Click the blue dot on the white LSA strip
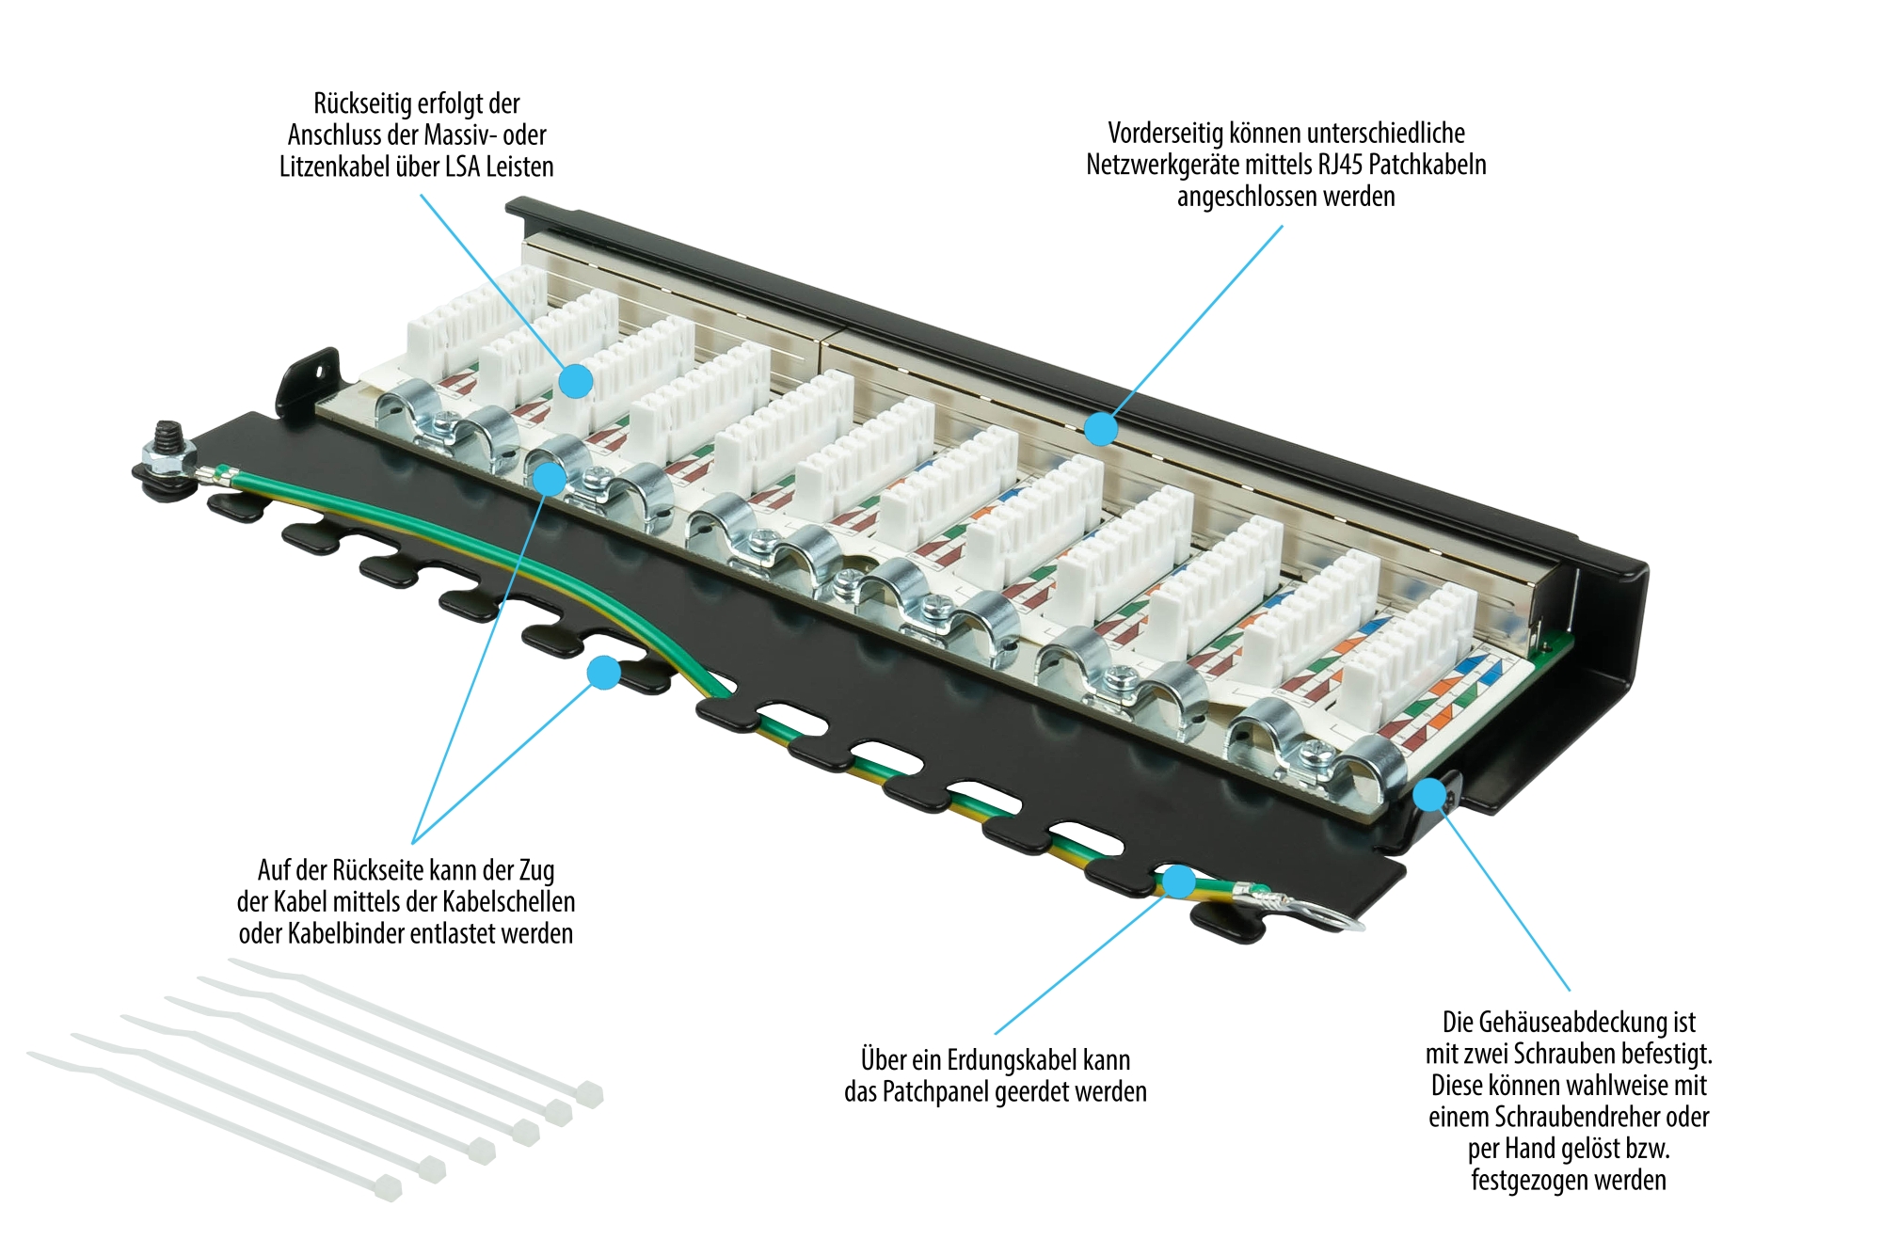(576, 381)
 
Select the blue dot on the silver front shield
(1100, 429)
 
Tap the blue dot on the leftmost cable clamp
(550, 478)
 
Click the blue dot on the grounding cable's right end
(1178, 882)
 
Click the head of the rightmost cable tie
(589, 1094)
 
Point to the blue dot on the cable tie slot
(603, 673)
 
